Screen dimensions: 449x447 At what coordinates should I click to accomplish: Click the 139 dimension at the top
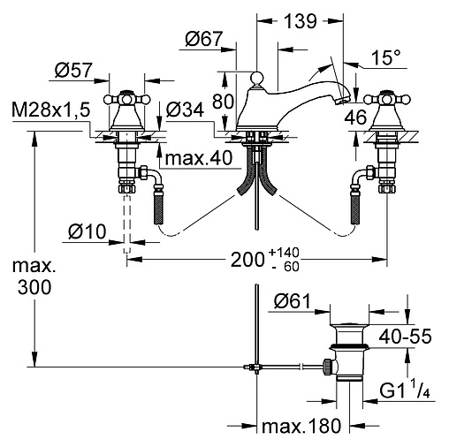[301, 21]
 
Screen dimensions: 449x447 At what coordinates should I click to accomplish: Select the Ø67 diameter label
[204, 39]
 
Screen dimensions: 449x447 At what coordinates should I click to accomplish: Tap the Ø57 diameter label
[73, 71]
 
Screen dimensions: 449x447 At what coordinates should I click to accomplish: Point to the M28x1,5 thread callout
[50, 110]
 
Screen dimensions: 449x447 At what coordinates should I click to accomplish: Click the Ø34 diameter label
[185, 110]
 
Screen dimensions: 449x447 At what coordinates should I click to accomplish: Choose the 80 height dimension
[223, 102]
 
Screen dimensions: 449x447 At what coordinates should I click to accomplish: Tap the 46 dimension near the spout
[355, 117]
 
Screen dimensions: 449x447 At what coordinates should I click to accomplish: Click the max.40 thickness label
[199, 158]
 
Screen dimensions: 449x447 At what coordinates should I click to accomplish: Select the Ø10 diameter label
[87, 231]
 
